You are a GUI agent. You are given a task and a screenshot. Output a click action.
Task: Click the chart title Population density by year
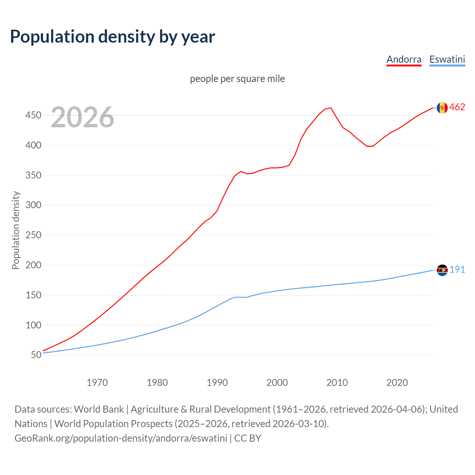click(112, 37)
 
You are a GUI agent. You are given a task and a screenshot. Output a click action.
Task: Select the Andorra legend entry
click(404, 59)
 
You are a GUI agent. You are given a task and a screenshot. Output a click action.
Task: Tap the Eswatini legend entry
click(447, 59)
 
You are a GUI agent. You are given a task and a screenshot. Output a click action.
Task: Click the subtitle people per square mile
click(237, 79)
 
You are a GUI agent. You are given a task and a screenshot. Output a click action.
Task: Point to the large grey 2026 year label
click(82, 117)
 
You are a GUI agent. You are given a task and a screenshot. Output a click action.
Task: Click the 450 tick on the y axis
click(33, 115)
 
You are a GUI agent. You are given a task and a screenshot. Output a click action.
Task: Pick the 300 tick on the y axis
click(33, 205)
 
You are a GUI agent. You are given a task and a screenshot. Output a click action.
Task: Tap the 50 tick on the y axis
click(36, 355)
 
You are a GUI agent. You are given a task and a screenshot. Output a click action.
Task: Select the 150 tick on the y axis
click(33, 295)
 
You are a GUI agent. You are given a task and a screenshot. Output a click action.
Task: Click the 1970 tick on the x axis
click(97, 383)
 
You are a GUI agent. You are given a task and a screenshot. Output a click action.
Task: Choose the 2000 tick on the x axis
click(277, 383)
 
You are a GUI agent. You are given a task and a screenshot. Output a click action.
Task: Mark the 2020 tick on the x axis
click(397, 383)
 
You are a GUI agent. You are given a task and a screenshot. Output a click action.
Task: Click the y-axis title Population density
click(16, 230)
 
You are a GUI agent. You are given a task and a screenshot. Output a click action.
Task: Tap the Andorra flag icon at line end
click(442, 108)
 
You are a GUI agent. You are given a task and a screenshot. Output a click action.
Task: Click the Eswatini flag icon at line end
click(442, 270)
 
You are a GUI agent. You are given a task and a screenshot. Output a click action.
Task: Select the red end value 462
click(457, 107)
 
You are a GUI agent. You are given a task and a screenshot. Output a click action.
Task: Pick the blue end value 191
click(457, 270)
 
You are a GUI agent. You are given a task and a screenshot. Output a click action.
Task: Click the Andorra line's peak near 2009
click(331, 108)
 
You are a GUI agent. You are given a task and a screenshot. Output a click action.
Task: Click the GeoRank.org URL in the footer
click(121, 438)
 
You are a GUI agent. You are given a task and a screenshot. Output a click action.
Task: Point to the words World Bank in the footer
click(99, 409)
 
